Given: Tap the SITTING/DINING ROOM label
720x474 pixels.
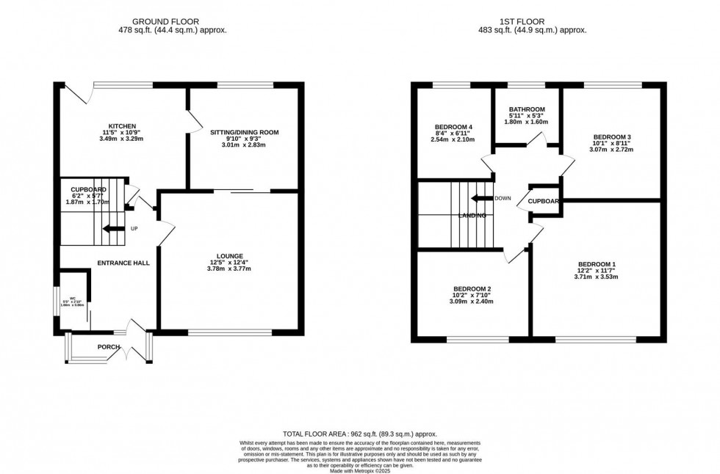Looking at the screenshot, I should coord(245,132).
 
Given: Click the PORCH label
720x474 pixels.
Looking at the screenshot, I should coord(109,347).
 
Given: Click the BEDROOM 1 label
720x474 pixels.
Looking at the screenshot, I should coord(597,264).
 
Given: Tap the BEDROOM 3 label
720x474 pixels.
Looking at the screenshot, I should coord(612,136).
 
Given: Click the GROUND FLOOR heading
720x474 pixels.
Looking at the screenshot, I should coord(172,22).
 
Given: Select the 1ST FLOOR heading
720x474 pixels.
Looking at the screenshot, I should coord(532,22).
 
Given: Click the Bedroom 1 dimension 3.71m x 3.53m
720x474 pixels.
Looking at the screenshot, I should coord(597,277).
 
